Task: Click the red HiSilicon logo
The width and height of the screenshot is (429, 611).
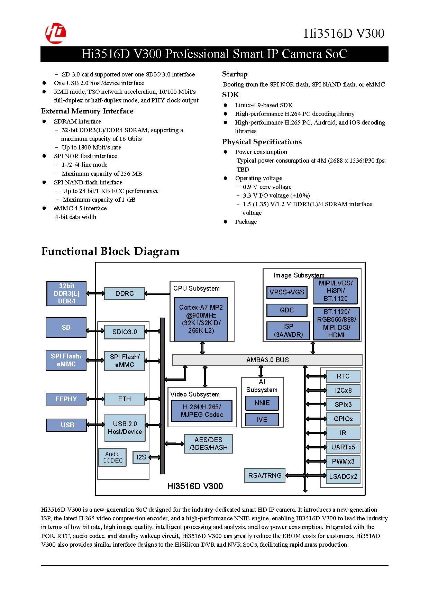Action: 56,33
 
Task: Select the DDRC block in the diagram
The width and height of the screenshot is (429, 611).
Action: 125,293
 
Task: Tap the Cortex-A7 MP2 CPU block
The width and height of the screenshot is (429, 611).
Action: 201,319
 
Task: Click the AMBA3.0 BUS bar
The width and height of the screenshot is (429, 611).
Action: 267,360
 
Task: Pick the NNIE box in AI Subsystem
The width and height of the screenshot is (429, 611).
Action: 262,403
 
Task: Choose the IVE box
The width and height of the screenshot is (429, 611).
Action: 262,419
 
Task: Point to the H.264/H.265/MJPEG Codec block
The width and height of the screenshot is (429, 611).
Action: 202,411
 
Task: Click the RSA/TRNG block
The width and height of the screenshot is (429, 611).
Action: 265,475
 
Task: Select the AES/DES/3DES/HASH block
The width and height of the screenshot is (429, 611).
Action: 208,444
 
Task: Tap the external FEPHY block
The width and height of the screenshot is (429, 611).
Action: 66,399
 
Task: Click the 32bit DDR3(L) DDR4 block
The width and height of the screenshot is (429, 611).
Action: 66,293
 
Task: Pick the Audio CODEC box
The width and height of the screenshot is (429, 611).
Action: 112,457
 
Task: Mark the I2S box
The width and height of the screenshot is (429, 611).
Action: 141,457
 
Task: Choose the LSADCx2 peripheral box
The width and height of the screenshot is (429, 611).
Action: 343,476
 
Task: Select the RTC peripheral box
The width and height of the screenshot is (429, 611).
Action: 343,376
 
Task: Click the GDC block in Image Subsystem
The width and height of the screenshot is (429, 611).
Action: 287,310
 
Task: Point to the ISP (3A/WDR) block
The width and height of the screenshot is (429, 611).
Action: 288,330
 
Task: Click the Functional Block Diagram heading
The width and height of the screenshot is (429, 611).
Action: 110,251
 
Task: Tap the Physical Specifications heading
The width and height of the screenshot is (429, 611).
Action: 262,142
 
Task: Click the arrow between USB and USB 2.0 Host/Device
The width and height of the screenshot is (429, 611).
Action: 95,425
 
